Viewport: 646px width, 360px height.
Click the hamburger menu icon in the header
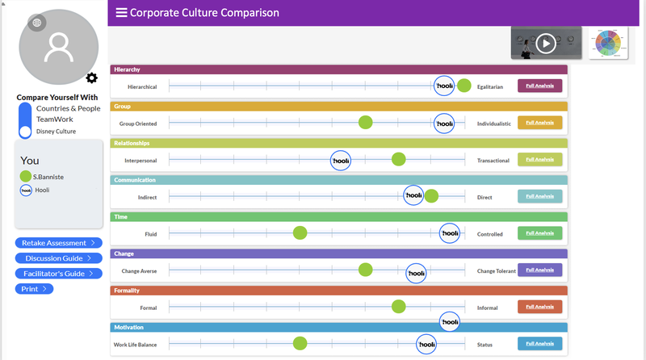[121, 12]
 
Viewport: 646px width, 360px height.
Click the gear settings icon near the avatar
[91, 78]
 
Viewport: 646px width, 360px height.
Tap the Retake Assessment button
[58, 242]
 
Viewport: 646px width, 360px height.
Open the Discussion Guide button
[58, 258]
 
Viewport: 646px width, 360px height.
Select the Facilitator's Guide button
[58, 274]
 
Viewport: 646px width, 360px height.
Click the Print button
[34, 288]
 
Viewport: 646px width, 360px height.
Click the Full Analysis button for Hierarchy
[539, 86]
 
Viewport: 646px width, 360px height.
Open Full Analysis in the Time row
[539, 233]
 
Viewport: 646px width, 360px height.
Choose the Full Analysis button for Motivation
[539, 344]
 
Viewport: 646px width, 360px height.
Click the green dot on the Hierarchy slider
[464, 86]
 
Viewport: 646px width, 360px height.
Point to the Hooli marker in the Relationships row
[341, 160]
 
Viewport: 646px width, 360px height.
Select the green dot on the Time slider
[300, 233]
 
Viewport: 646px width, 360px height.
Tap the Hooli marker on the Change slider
[416, 274]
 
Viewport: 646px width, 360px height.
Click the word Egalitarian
[492, 86]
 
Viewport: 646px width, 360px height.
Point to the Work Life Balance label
[135, 345]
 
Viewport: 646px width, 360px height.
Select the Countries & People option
[69, 108]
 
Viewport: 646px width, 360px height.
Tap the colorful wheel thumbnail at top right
[608, 43]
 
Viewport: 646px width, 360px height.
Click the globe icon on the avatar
[36, 23]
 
